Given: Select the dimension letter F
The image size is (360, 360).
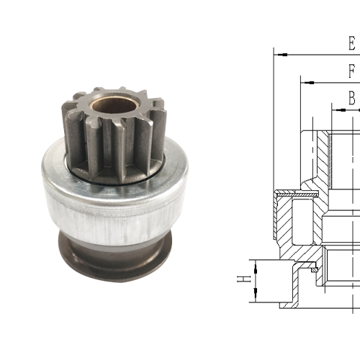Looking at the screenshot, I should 351,71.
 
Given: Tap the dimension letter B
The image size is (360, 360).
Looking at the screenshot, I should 351,97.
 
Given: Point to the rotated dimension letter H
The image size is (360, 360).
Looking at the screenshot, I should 245,279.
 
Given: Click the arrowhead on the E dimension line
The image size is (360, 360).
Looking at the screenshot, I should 281,53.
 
